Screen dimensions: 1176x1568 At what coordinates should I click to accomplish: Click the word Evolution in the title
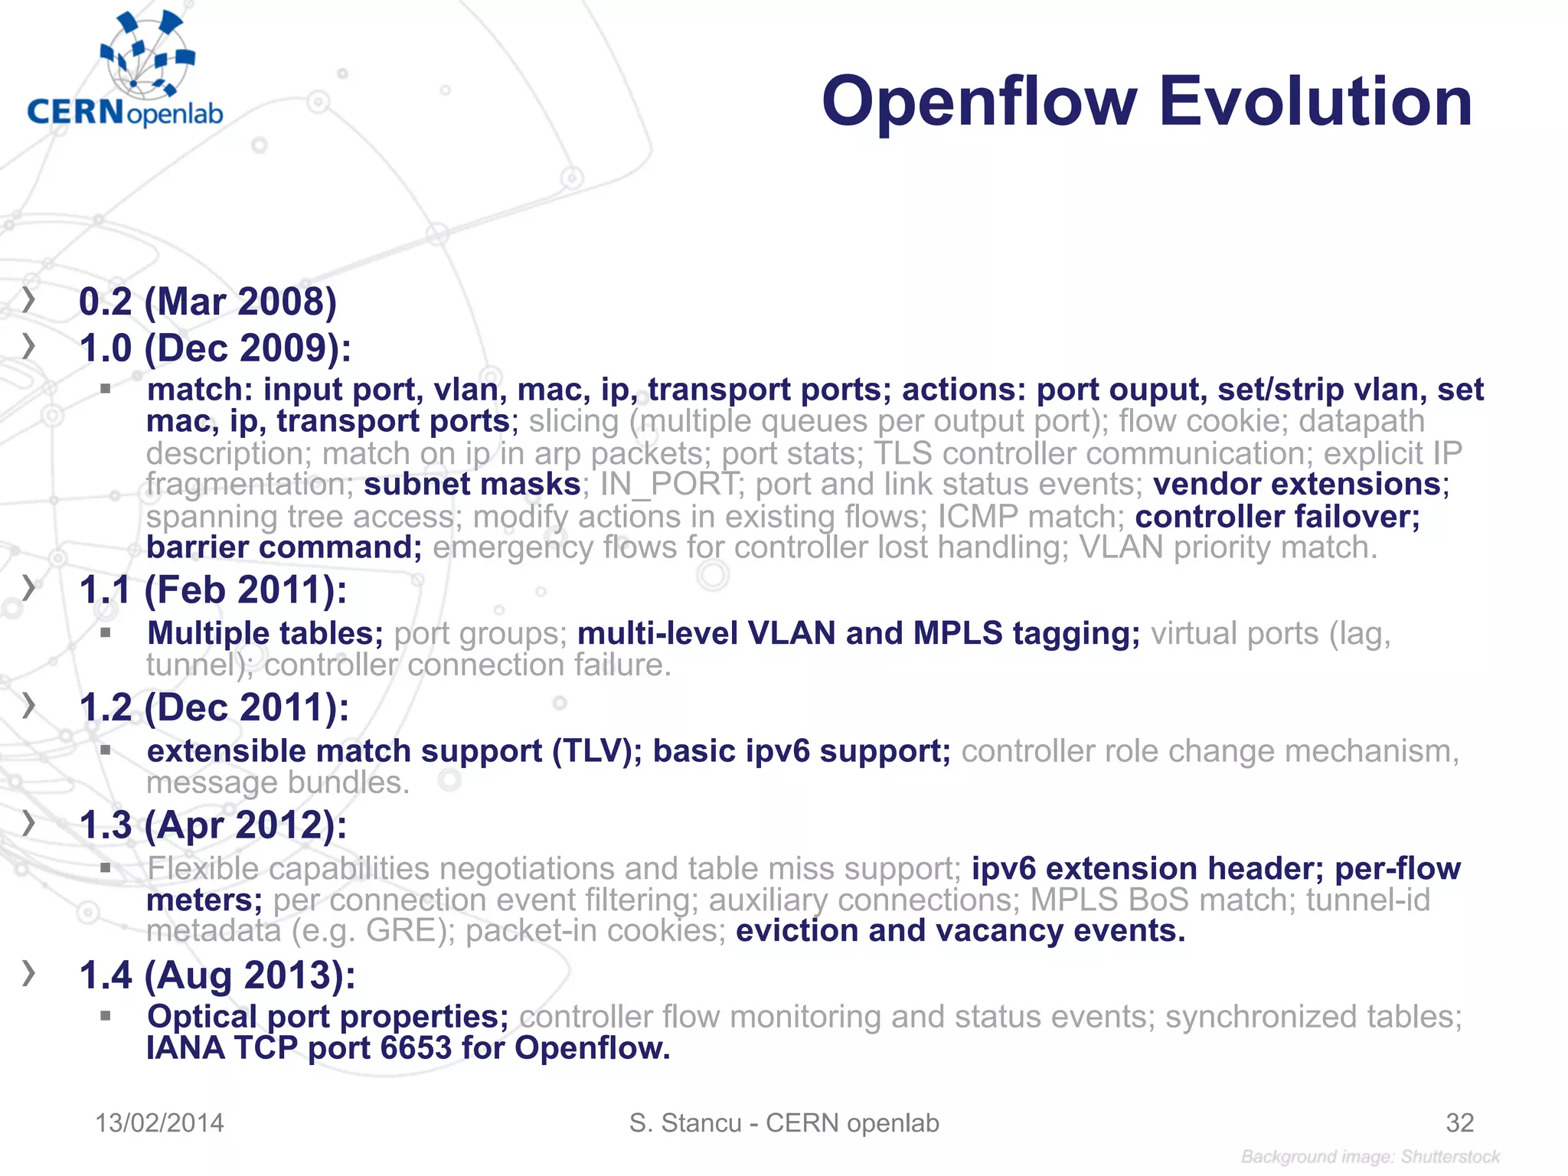pyautogui.click(x=1315, y=102)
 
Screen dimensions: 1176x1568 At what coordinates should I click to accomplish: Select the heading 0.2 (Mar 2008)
pyautogui.click(x=207, y=302)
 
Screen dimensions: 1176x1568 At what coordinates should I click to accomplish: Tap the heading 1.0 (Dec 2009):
pyautogui.click(x=215, y=348)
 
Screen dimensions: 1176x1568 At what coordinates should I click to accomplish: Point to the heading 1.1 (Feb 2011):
pyautogui.click(x=213, y=590)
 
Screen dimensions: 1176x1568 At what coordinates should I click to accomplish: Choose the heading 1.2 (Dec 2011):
pyautogui.click(x=214, y=707)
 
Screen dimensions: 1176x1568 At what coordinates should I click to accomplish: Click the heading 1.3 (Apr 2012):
pyautogui.click(x=213, y=825)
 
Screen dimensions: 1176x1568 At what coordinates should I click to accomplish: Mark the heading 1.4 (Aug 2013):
pyautogui.click(x=217, y=975)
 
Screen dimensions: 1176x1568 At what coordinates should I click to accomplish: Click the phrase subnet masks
pyautogui.click(x=472, y=485)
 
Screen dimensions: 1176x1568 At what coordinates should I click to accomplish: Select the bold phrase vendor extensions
pyautogui.click(x=1297, y=485)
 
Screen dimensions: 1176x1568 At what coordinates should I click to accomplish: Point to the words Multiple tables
pyautogui.click(x=264, y=634)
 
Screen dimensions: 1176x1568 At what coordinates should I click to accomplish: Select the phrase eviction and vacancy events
pyautogui.click(x=960, y=931)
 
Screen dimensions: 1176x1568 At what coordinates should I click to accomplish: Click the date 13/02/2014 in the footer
pyautogui.click(x=159, y=1123)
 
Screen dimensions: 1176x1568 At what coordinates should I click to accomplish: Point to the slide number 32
pyautogui.click(x=1459, y=1123)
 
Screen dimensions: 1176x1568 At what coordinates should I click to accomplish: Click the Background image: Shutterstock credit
pyautogui.click(x=1370, y=1157)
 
